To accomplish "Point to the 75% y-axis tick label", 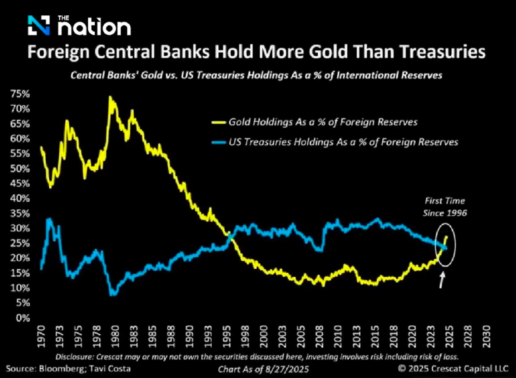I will pos(20,94).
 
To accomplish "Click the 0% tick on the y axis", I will pos(23,318).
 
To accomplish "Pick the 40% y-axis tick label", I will pos(20,198).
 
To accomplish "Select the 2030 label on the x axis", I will pos(486,336).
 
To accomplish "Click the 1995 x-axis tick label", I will pos(226,336).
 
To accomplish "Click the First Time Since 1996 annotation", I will pos(445,207).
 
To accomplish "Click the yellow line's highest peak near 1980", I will pos(110,97).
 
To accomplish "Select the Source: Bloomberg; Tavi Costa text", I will pos(68,369).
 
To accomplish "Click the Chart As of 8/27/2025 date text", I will pos(264,369).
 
